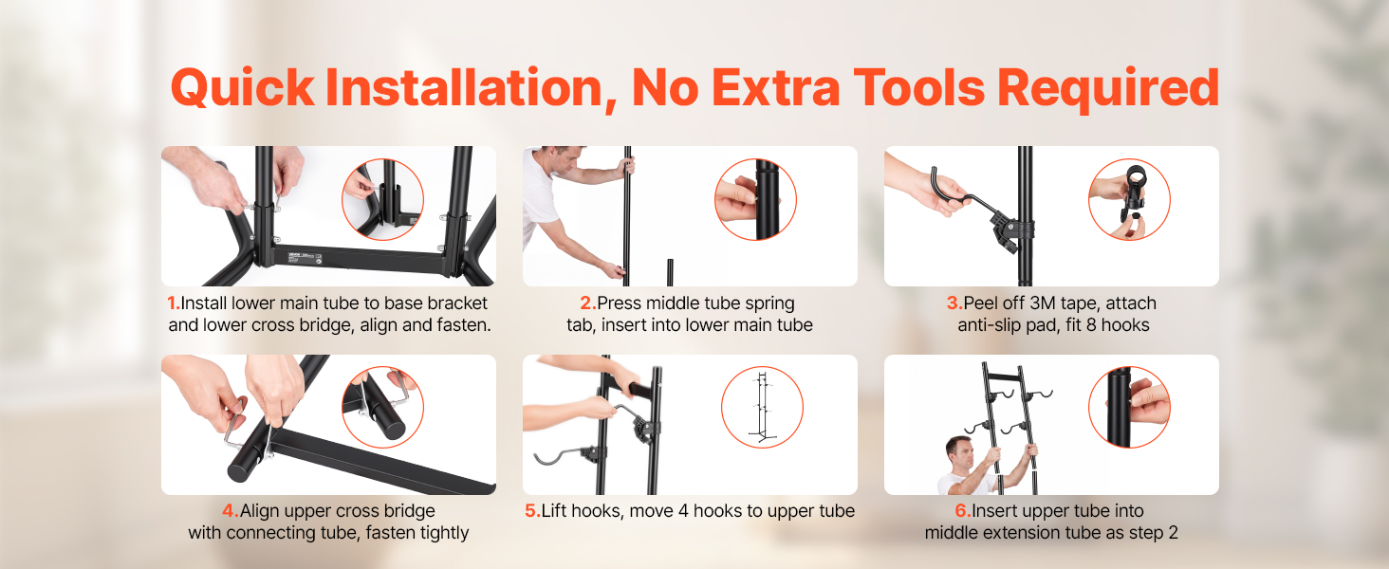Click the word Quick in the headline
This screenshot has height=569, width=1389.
click(243, 88)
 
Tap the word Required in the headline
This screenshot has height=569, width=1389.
click(1108, 88)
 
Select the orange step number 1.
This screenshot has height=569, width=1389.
click(174, 303)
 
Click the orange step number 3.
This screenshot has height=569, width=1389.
click(954, 303)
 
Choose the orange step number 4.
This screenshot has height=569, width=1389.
click(230, 511)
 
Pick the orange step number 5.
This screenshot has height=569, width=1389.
click(532, 511)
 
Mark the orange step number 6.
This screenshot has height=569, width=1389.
click(963, 511)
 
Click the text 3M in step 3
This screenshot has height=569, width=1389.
click(1043, 303)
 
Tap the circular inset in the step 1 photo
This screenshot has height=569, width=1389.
click(382, 199)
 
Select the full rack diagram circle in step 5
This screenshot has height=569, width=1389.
click(762, 407)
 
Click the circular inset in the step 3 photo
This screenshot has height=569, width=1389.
click(1129, 199)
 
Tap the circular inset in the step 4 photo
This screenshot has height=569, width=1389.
click(382, 407)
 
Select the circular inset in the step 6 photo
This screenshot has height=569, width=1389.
click(1129, 407)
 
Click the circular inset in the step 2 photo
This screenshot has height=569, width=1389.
click(755, 199)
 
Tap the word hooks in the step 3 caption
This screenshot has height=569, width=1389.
click(1125, 324)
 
